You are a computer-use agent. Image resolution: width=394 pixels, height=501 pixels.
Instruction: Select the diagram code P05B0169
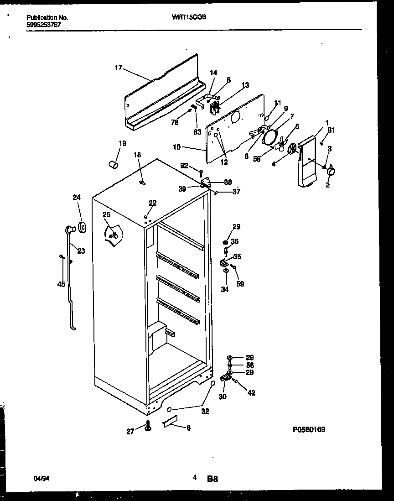coord(309,430)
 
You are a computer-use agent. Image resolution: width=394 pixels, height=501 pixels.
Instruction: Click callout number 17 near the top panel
coord(118,68)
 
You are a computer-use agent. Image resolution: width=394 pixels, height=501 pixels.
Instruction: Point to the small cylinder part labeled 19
coord(114,163)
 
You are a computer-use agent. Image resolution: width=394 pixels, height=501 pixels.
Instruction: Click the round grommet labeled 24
coord(82,227)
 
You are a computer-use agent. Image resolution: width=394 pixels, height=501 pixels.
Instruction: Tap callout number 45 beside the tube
coord(61,284)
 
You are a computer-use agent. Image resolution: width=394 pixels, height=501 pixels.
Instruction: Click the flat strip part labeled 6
coord(170,423)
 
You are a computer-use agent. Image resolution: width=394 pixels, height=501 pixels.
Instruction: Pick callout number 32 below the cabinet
coord(205,411)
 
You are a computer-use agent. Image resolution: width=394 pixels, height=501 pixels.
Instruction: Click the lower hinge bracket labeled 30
coord(225,378)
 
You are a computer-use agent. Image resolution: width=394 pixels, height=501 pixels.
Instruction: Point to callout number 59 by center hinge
coord(240,284)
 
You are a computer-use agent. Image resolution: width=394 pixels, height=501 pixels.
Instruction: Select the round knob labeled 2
coord(331,171)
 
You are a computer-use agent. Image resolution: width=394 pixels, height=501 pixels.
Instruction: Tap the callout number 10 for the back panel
coord(177,147)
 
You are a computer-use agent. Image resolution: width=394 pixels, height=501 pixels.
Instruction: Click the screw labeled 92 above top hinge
coord(201,172)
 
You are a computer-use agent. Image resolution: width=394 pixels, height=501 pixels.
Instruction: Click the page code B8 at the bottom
coord(213,479)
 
